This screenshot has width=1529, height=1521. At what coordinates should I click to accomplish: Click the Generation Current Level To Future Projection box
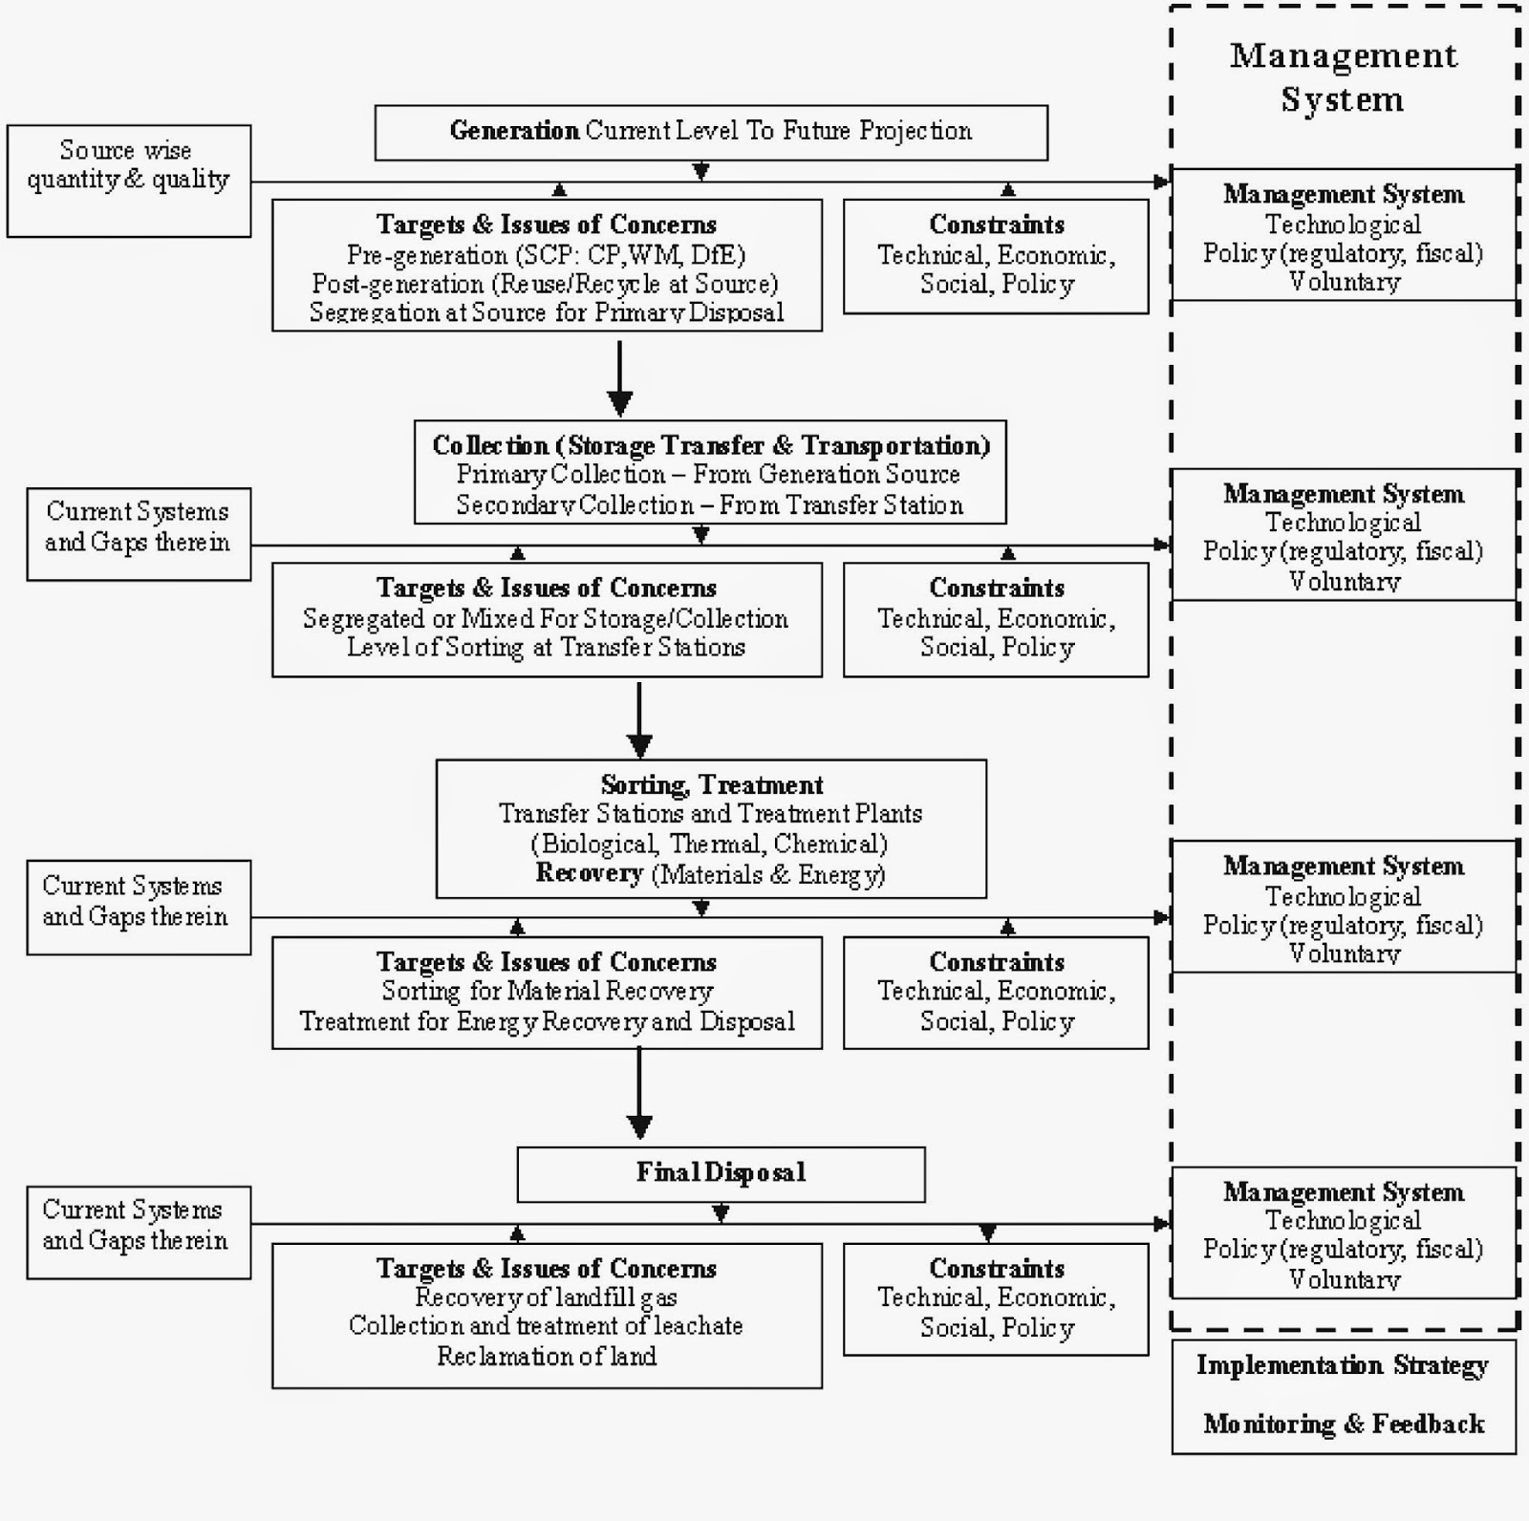(711, 132)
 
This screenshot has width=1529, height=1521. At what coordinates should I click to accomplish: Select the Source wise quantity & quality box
(128, 180)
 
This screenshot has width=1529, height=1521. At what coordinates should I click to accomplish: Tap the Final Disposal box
(721, 1173)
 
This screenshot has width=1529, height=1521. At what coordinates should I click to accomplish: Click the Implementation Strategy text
(1343, 1365)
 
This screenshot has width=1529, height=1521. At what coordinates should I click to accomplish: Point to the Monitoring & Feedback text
(1343, 1425)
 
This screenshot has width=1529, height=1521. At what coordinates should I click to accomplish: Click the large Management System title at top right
(1343, 77)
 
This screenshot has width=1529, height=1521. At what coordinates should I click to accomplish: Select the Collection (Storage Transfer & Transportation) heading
(711, 445)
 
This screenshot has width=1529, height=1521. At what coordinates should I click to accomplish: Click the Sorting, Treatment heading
(711, 785)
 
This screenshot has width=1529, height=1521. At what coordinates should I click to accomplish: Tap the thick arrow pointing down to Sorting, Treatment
(639, 720)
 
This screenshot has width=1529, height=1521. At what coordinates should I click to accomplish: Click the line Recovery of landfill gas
(546, 1297)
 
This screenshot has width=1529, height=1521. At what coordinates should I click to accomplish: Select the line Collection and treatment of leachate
(546, 1326)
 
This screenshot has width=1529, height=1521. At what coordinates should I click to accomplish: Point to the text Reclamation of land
(546, 1356)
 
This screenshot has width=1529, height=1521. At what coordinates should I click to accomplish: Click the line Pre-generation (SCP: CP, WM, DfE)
(546, 255)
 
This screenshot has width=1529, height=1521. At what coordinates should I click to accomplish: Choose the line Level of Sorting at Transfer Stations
(546, 648)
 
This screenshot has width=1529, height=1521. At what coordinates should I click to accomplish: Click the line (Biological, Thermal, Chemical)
(709, 845)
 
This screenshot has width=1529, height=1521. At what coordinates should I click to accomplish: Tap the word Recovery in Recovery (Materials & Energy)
(590, 873)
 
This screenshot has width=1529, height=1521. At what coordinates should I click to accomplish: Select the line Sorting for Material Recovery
(546, 992)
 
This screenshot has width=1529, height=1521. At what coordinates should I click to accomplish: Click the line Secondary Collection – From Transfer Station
(709, 505)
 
